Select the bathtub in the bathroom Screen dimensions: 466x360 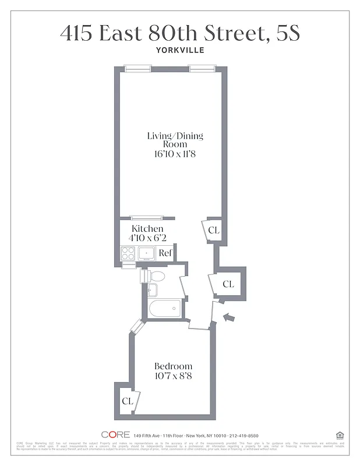pos(165,309)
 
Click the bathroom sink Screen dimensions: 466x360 pos(153,290)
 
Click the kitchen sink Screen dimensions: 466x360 pos(146,253)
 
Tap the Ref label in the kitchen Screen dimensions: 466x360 pos(165,253)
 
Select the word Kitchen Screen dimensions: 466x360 pos(147,229)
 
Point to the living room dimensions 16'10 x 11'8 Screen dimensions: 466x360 pos(175,154)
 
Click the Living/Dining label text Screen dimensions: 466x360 pos(175,136)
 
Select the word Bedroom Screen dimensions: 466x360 pos(173,366)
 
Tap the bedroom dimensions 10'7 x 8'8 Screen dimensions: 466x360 pos(173,376)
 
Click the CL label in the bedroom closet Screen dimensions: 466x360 pos(128,401)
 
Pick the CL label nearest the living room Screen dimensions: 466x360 pos(213,231)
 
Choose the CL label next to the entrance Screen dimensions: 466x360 pos(228,284)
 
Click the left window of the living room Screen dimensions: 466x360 pos(137,69)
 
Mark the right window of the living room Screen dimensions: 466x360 pos(202,69)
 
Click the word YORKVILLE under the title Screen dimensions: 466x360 pos(179,50)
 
